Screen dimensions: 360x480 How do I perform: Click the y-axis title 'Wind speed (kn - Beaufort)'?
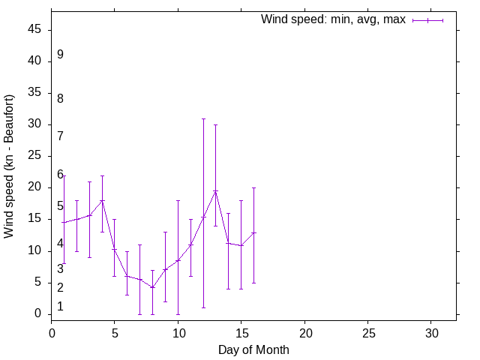(x=9, y=166)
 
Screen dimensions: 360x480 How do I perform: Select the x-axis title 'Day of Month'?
(x=253, y=349)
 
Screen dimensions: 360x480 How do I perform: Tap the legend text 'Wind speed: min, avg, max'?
(x=333, y=19)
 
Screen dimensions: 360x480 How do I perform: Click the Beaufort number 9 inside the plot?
(x=60, y=55)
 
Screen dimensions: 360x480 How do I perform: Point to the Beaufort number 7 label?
(x=60, y=136)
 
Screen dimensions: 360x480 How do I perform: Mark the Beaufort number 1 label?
(x=60, y=307)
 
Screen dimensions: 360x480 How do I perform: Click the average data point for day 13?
(x=216, y=191)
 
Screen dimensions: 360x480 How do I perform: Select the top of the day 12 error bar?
(x=203, y=118)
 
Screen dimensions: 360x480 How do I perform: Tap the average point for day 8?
(x=152, y=287)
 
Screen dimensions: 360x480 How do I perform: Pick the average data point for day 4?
(x=102, y=200)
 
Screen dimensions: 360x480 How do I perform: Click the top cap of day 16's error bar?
(x=253, y=187)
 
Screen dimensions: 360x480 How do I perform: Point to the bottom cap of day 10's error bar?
(x=178, y=314)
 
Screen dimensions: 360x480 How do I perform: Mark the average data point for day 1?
(x=64, y=223)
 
